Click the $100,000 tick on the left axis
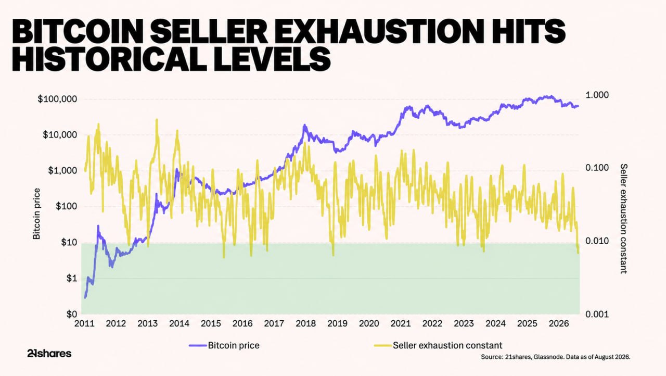57,99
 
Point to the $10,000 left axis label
60,135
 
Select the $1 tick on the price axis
71,279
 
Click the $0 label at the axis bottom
71,314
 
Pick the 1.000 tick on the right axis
597,95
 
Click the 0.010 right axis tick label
597,241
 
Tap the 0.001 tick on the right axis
597,314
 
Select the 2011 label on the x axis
84,323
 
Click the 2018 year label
305,323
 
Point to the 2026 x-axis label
559,323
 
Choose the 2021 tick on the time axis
401,323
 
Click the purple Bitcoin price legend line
198,346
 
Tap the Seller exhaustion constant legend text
447,345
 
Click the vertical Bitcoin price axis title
36,214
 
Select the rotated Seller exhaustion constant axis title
623,219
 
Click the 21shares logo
49,354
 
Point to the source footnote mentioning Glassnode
555,357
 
